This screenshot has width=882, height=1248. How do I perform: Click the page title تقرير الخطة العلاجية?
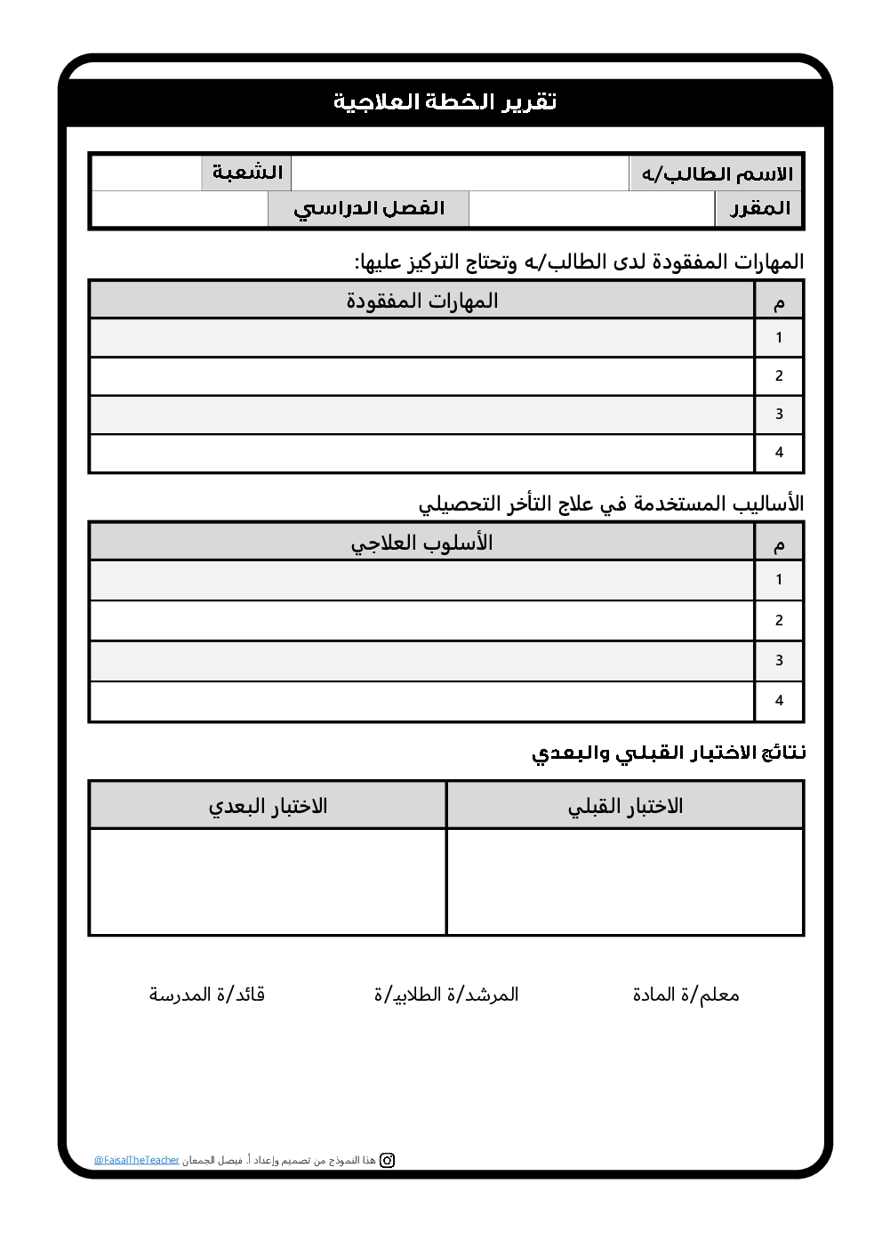[445, 102]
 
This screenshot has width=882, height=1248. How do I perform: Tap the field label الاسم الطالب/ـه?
[717, 173]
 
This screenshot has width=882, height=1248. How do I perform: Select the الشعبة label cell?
[247, 173]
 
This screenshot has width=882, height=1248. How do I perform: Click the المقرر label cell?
[759, 209]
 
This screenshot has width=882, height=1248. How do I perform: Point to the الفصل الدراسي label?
[369, 209]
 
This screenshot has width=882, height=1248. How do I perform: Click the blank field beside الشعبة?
[148, 173]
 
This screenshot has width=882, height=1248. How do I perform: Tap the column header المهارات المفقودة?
[422, 301]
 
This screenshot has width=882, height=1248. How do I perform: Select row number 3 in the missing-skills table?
[779, 415]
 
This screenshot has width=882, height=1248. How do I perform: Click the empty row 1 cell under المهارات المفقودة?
[422, 338]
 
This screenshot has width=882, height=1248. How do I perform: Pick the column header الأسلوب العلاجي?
[422, 543]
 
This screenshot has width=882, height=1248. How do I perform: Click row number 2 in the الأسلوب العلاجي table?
[779, 621]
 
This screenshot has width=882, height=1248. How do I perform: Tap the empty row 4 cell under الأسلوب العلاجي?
[422, 701]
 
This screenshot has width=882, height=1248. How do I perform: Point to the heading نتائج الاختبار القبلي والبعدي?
[669, 753]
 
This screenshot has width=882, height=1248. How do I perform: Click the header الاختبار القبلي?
[625, 806]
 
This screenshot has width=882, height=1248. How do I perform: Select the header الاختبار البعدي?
[268, 806]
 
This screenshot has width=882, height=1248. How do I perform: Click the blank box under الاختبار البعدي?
[268, 882]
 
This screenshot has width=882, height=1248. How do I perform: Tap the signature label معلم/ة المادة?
[686, 994]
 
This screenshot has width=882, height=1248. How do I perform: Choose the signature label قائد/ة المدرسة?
[207, 994]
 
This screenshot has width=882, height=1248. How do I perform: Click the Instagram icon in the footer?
[388, 1160]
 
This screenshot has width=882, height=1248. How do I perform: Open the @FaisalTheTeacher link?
[137, 1161]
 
